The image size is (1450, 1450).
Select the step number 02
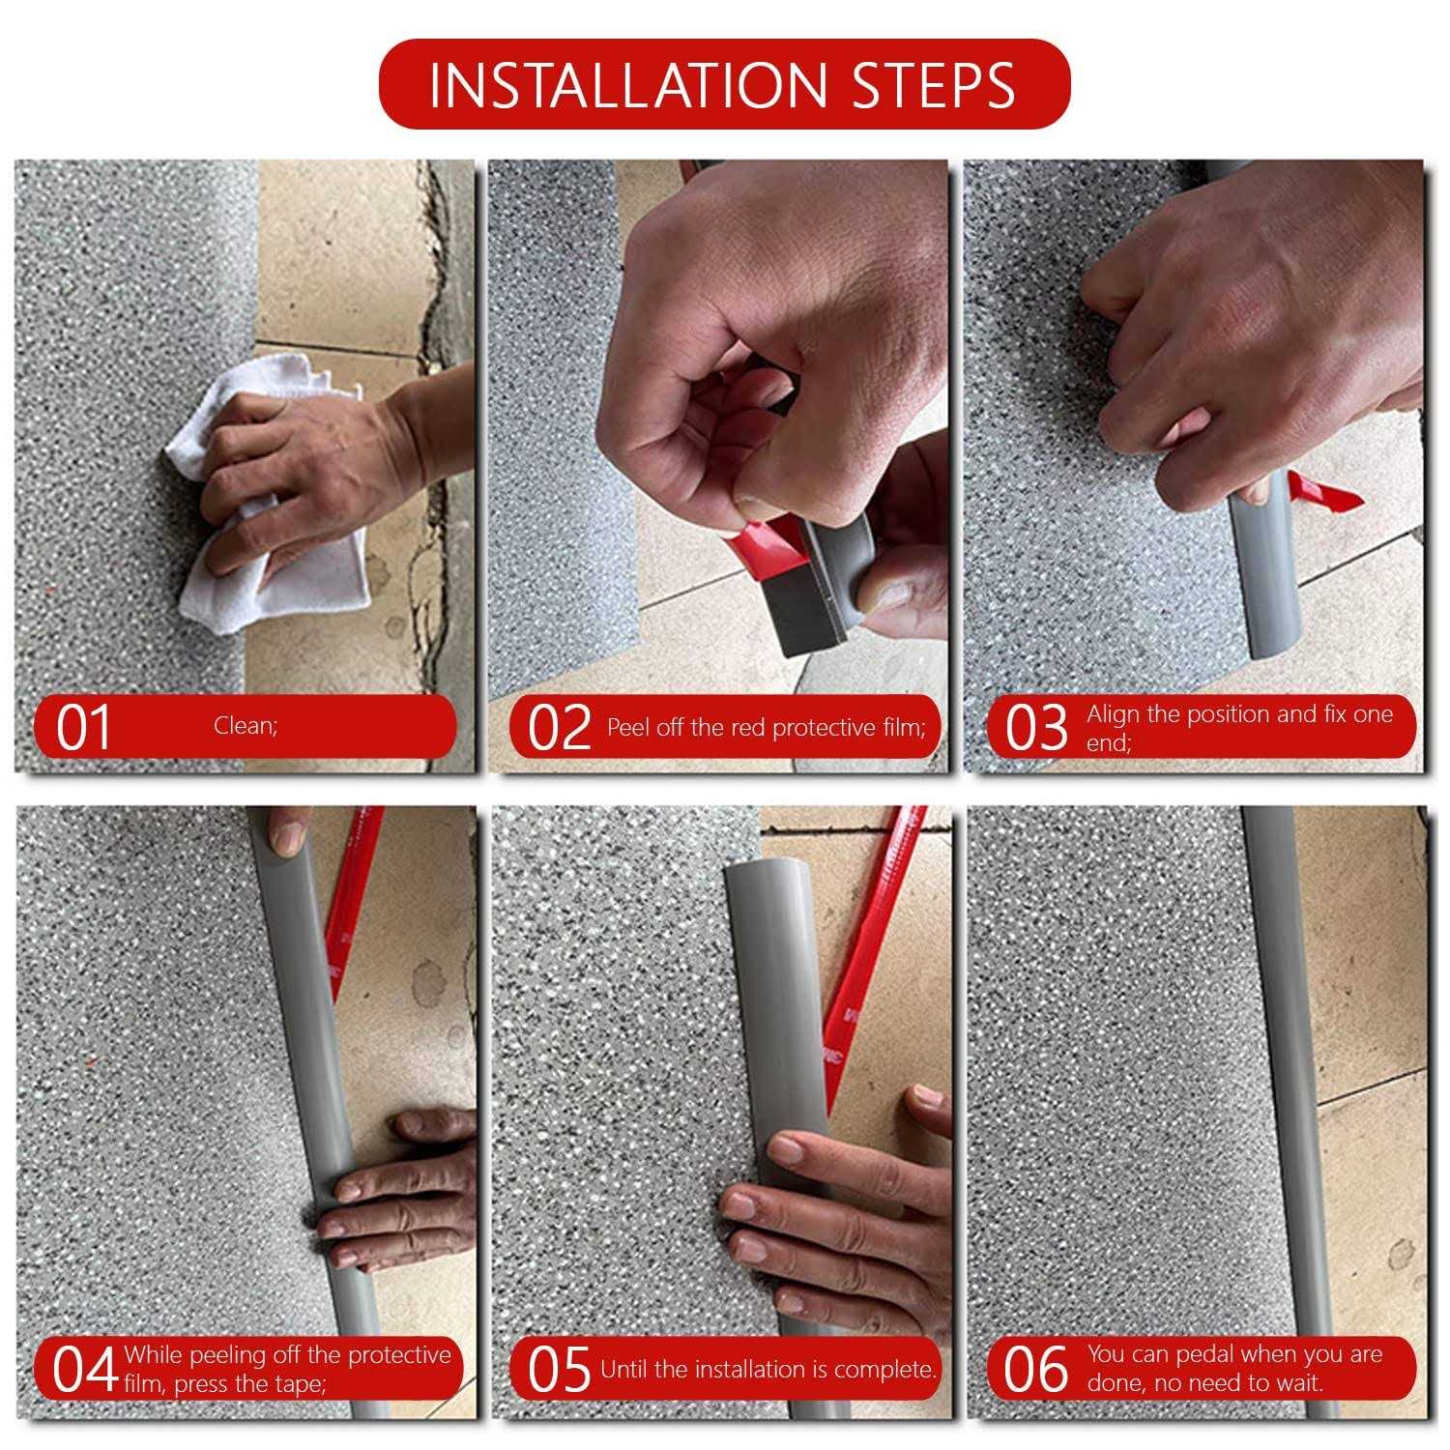coord(560,728)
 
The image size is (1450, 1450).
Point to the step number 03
coord(1036,728)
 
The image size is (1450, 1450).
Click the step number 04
coord(85,1370)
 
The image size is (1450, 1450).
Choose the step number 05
coord(559,1370)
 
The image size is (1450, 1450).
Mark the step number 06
coord(1035,1370)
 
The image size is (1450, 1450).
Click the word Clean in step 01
coord(244,726)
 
